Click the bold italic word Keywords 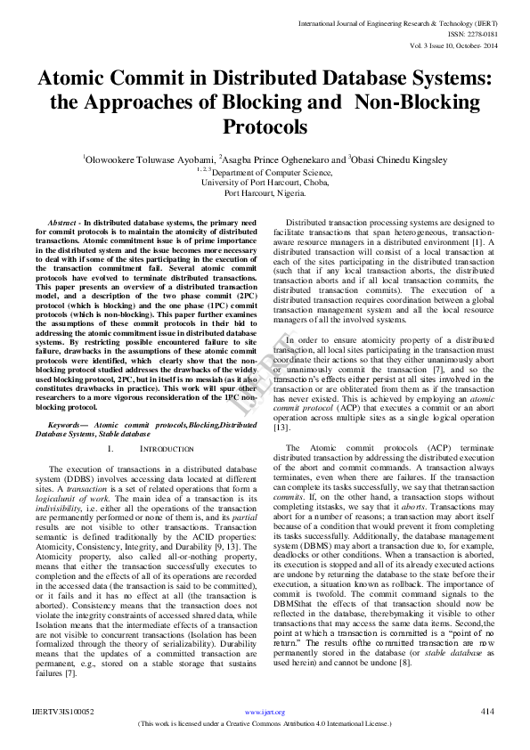point(68,426)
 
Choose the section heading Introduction point(167,450)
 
